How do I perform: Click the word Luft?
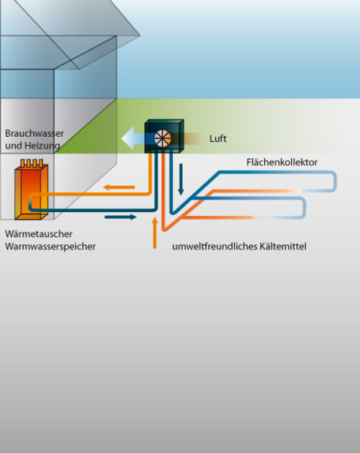(218, 138)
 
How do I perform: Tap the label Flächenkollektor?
(282, 162)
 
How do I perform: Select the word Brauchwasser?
(34, 133)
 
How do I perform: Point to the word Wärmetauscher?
(39, 233)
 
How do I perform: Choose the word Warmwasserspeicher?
(50, 247)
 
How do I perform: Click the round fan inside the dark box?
(162, 138)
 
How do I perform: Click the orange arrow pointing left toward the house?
(119, 187)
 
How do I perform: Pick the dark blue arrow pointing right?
(121, 217)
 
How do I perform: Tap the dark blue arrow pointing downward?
(181, 179)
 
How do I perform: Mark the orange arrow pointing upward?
(155, 233)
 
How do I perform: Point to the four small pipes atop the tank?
(31, 163)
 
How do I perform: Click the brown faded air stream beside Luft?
(192, 138)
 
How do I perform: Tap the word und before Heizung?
(14, 146)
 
